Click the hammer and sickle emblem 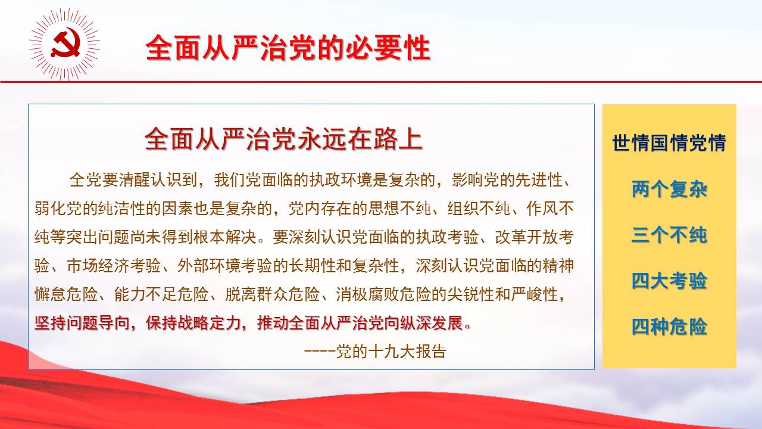65,44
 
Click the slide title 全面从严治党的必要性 288,48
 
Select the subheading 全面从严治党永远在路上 284,139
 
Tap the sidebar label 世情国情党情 669,143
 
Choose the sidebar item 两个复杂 669,189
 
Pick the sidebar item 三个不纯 669,235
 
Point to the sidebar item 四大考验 669,281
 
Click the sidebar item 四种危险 669,327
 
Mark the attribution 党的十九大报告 391,352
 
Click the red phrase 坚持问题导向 82,323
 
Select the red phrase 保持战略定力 193,323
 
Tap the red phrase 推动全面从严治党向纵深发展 360,323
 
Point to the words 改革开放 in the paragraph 527,237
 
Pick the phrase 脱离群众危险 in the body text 273,294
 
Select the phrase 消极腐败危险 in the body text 384,294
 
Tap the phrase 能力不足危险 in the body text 161,294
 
